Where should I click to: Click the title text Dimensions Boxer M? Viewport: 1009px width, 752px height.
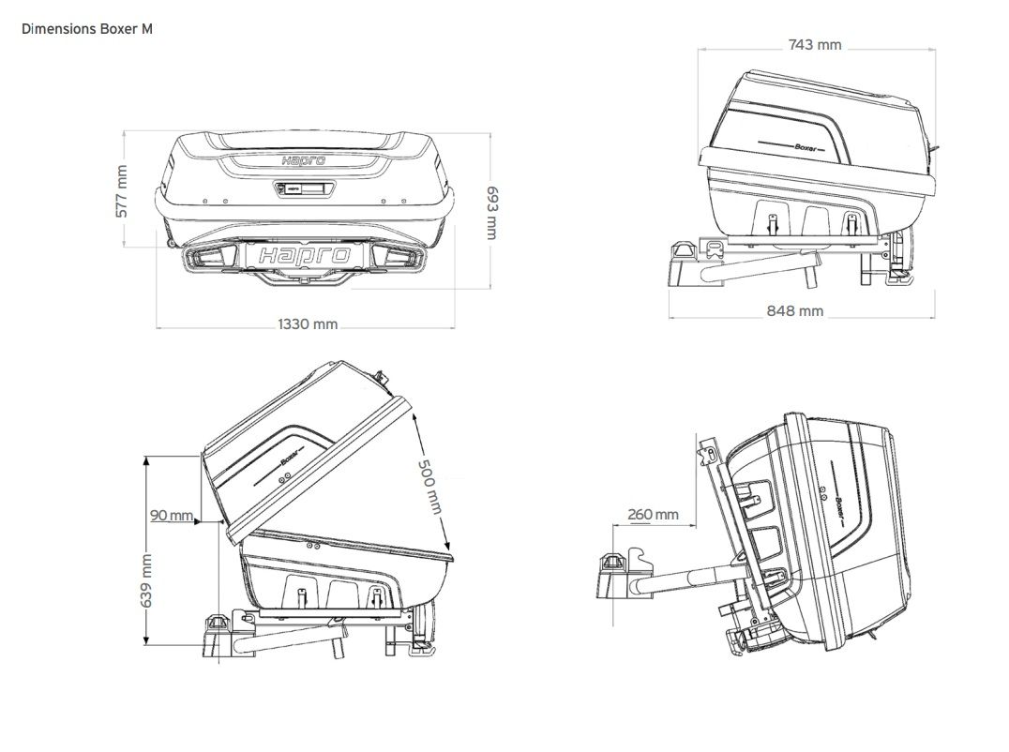coord(86,29)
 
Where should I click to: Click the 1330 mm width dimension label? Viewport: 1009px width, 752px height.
coord(307,324)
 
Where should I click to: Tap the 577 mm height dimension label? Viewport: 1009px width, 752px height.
coord(121,191)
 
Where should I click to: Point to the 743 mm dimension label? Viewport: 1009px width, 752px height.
coord(814,44)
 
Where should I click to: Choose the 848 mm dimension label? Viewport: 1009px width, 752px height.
coord(794,310)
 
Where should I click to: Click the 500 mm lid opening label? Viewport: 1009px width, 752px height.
coord(429,486)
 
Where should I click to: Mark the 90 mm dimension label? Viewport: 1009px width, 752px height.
coord(171,515)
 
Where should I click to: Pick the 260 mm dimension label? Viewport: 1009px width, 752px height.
coord(653,514)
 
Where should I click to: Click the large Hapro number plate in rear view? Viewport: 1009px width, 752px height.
coord(306,255)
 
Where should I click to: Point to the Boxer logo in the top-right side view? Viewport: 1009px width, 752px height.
coord(804,146)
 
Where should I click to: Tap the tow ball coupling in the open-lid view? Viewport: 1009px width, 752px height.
coord(218,625)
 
